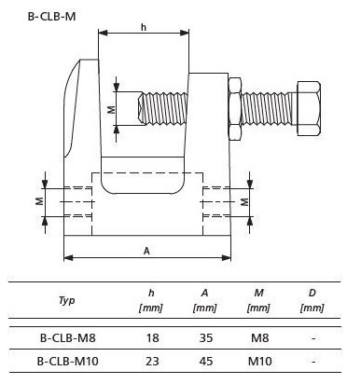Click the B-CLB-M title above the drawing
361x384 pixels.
pyautogui.click(x=51, y=17)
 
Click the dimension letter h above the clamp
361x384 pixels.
pyautogui.click(x=144, y=27)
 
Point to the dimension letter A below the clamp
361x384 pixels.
pyautogui.click(x=146, y=251)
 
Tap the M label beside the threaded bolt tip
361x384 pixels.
pyautogui.click(x=112, y=109)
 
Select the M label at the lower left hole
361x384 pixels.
pyautogui.click(x=39, y=201)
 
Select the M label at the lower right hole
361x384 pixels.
pyautogui.click(x=245, y=202)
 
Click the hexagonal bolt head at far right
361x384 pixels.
pyautogui.click(x=309, y=108)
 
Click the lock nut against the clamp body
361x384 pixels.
pyautogui.click(x=235, y=109)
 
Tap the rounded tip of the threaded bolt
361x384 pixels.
pyautogui.click(x=141, y=108)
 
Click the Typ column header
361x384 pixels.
pyautogui.click(x=66, y=300)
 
